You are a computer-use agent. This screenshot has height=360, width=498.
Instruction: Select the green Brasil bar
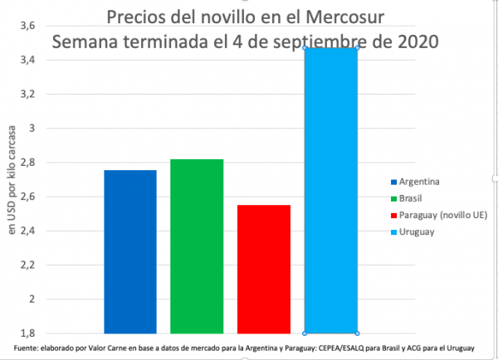[197, 246]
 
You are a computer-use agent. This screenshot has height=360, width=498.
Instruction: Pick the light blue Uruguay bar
[330, 190]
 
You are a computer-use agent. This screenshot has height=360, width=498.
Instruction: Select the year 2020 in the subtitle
[417, 40]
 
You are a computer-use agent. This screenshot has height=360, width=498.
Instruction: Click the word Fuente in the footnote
[26, 346]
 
